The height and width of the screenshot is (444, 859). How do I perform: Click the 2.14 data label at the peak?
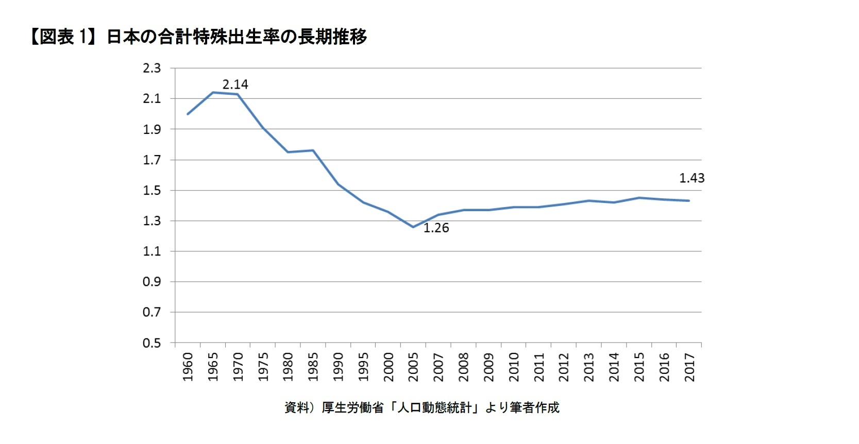(235, 84)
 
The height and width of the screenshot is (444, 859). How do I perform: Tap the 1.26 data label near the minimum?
(436, 228)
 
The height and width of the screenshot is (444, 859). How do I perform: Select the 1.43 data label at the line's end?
(692, 178)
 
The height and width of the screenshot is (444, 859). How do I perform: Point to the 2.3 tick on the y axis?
(151, 68)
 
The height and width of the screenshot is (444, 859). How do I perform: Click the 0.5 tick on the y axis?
(151, 343)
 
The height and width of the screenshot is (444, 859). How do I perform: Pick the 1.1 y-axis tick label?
(151, 251)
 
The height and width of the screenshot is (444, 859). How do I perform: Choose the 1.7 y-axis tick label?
(151, 160)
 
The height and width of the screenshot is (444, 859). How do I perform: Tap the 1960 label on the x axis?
(188, 367)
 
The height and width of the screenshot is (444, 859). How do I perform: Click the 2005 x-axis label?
(413, 367)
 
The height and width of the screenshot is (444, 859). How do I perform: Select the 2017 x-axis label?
(689, 367)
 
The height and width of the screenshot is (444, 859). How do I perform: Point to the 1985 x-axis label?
(313, 367)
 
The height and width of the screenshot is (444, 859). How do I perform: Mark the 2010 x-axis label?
(514, 367)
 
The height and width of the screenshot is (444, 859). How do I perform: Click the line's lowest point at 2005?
(413, 227)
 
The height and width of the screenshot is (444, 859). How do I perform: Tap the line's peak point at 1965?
(213, 93)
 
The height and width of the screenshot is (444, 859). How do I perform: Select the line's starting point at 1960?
(188, 114)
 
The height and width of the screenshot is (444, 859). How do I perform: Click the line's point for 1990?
(338, 184)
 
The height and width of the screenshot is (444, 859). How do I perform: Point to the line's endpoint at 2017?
(689, 201)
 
